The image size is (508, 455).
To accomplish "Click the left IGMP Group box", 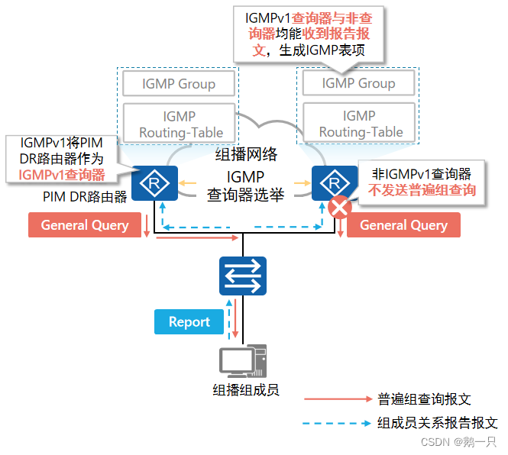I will (179, 84).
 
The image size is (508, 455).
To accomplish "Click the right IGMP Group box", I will (358, 83).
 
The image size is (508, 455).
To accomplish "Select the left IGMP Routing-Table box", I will (180, 124).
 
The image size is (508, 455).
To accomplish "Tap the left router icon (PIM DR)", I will (154, 184).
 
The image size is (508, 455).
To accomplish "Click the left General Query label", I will (85, 225).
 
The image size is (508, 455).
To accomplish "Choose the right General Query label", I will (403, 225).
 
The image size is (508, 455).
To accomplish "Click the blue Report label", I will (189, 322).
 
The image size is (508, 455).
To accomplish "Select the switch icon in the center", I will (243, 276).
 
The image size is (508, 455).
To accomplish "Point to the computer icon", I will (243, 363).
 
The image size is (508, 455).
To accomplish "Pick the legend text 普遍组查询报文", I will (424, 399).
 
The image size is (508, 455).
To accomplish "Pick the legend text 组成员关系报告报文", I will (438, 422).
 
